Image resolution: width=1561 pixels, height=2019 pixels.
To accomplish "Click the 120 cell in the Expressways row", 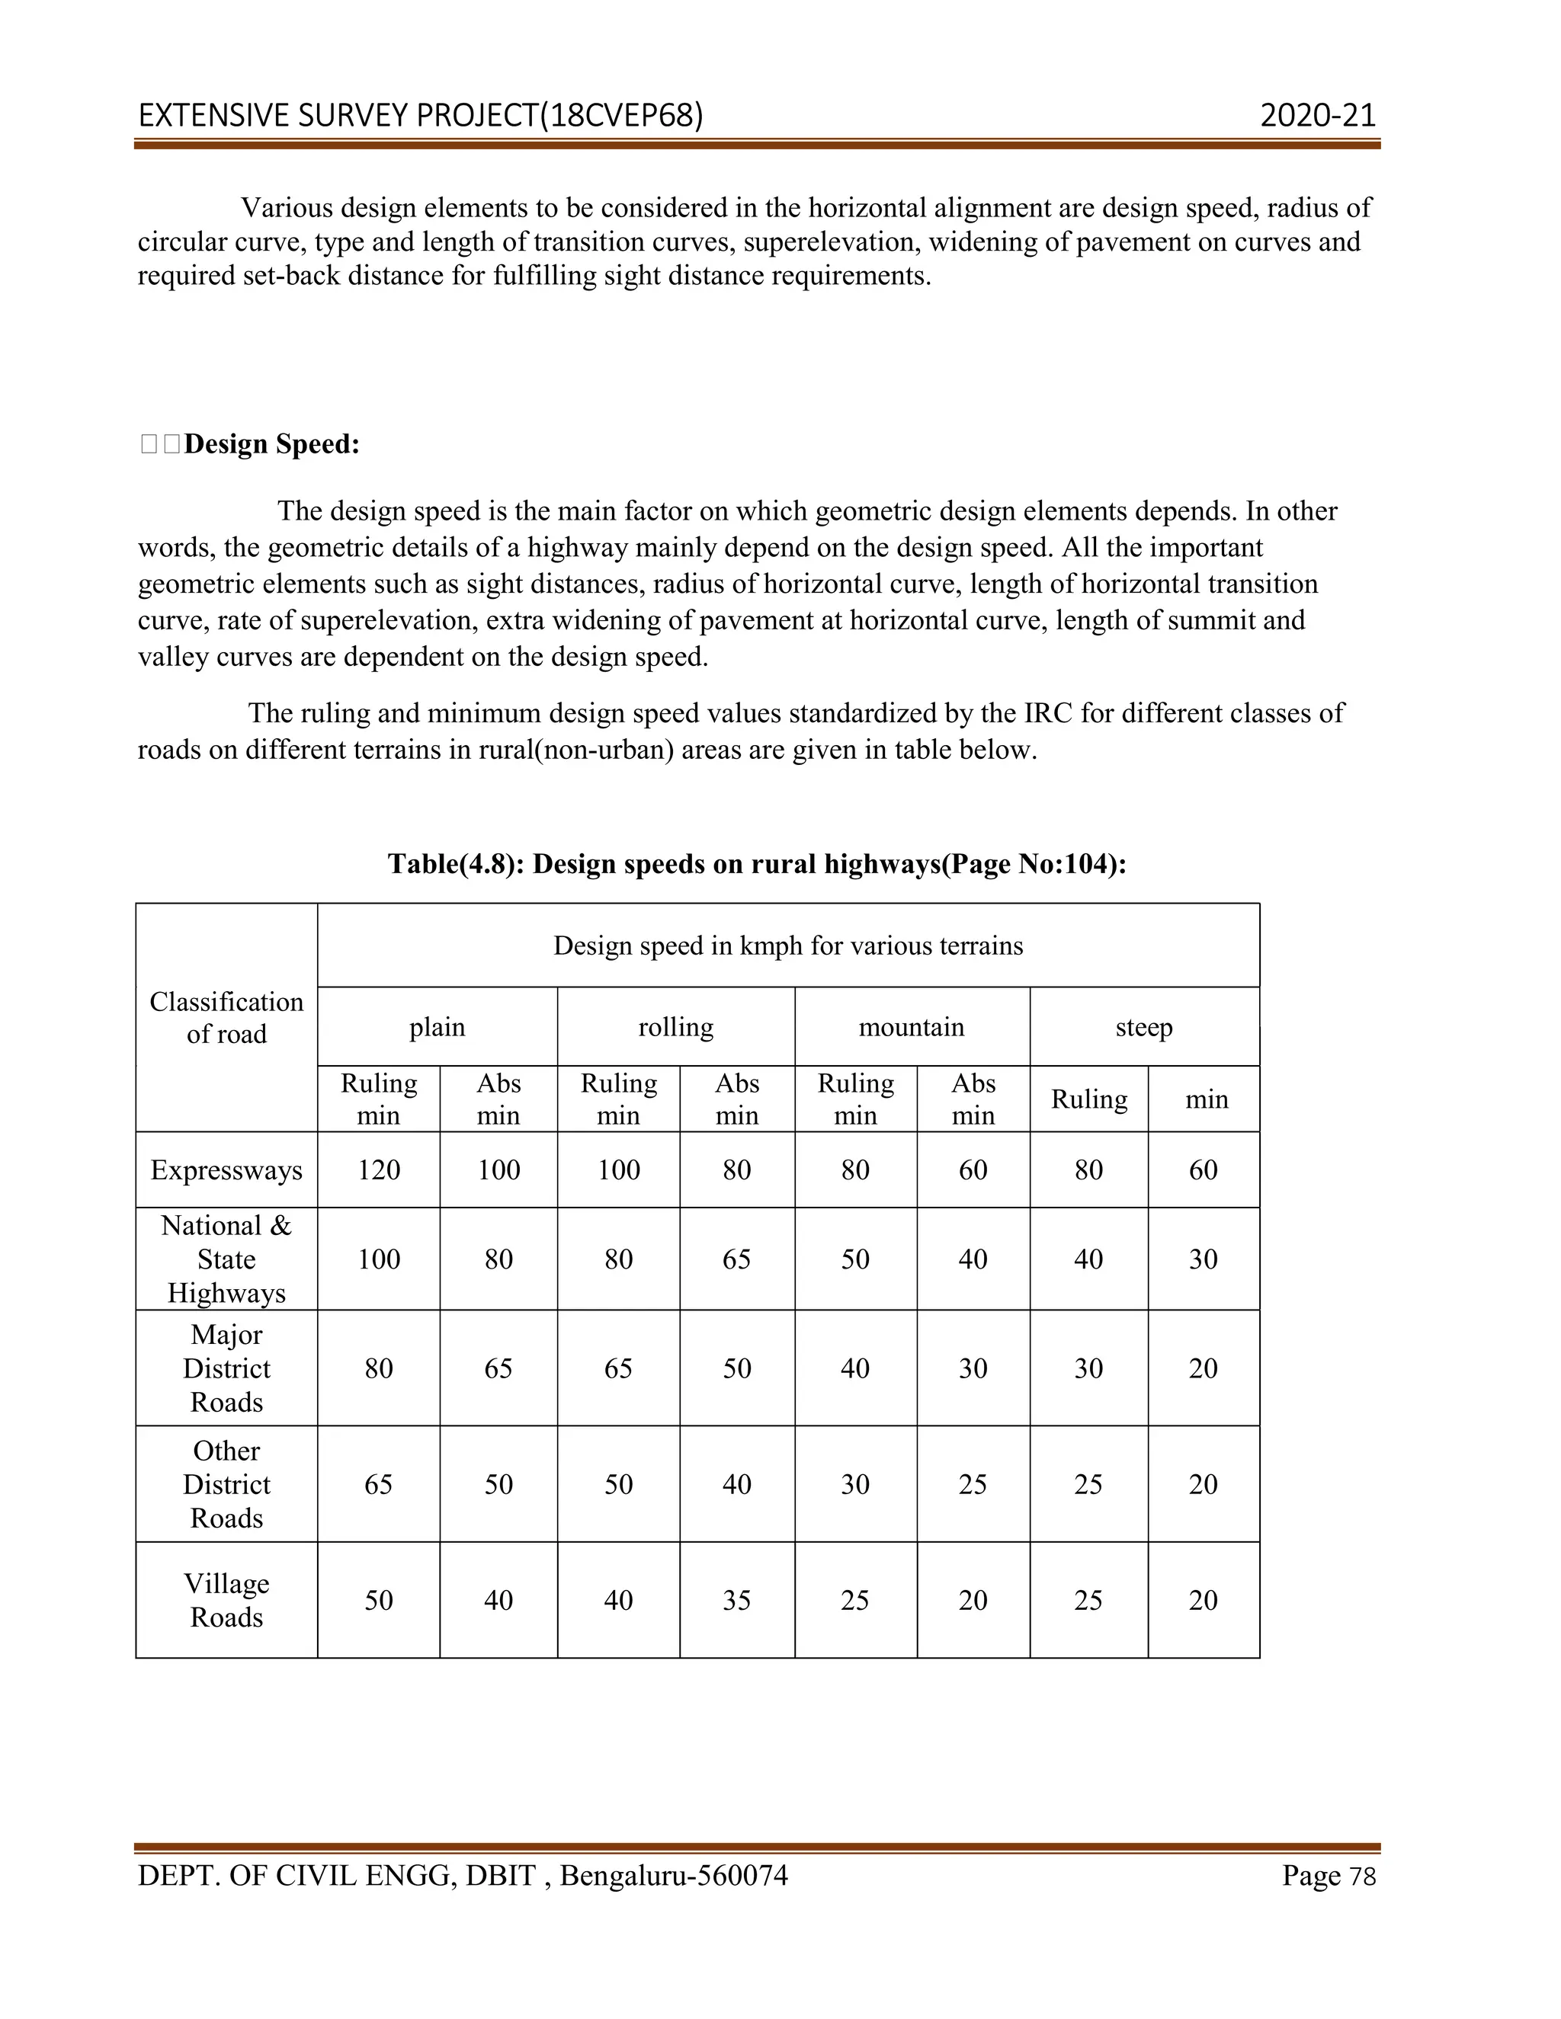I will click(x=378, y=1169).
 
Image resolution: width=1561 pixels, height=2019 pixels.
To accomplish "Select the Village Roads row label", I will click(x=226, y=1599).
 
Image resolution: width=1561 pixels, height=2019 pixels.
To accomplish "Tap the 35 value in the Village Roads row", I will click(x=736, y=1599).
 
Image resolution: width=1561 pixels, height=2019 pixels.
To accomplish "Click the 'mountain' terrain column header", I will click(x=911, y=1027).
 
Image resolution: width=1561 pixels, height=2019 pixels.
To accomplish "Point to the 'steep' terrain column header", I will click(x=1144, y=1027).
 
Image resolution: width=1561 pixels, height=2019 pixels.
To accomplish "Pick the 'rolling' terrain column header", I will click(x=675, y=1027).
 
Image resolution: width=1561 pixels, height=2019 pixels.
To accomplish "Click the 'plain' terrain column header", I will click(x=437, y=1027).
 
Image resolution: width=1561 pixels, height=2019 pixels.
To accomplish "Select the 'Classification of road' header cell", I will click(x=226, y=1017).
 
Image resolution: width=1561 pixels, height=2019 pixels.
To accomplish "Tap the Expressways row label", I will click(x=226, y=1169).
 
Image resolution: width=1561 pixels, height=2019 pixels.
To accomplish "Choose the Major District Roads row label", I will click(x=226, y=1368).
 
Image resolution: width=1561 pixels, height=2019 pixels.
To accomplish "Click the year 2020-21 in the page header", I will click(x=1318, y=116).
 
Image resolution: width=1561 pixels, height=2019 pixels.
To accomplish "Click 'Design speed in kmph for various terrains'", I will click(x=788, y=946).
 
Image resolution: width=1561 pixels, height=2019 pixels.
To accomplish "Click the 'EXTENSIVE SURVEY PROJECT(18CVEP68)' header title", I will click(x=421, y=116).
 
